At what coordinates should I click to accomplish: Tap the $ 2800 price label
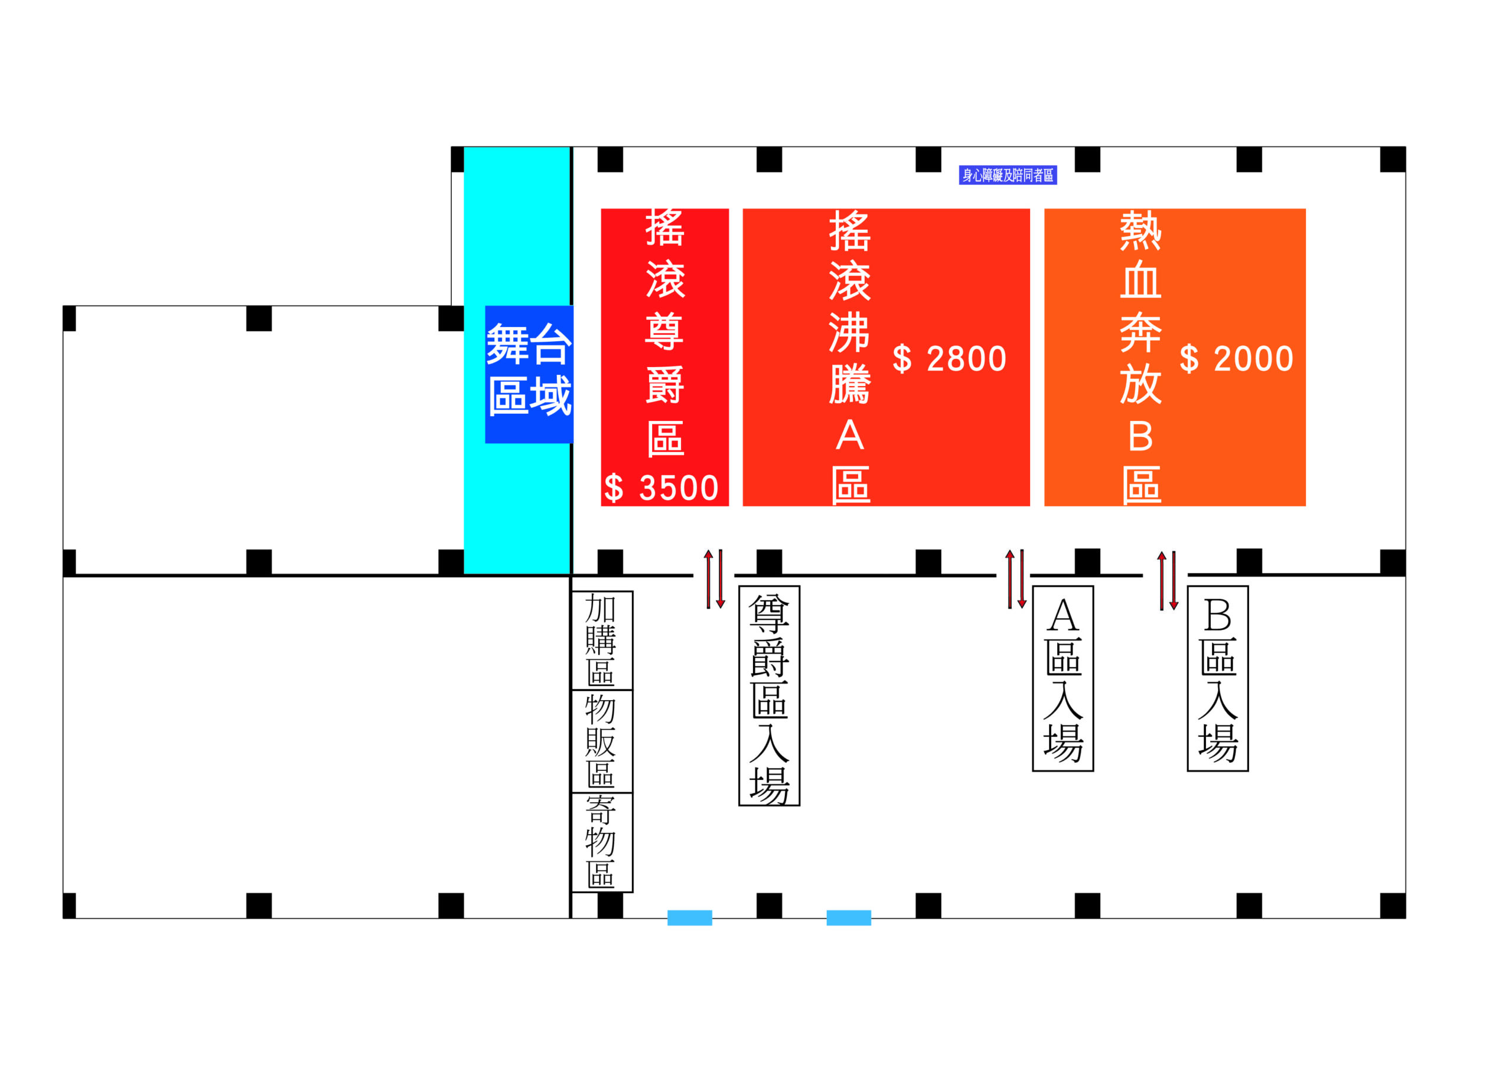click(949, 359)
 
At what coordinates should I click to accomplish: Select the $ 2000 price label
click(1236, 359)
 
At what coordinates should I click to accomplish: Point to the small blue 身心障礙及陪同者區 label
click(1008, 175)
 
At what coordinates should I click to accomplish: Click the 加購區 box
click(601, 640)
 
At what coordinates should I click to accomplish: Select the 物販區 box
click(601, 741)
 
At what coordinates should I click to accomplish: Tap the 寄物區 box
click(601, 842)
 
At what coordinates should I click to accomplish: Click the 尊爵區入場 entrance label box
click(768, 696)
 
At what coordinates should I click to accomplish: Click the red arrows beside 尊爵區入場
click(714, 579)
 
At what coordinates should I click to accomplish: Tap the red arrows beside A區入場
click(1015, 579)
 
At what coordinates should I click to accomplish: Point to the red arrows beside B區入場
click(1167, 581)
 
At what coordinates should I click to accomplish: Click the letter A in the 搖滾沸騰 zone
click(849, 436)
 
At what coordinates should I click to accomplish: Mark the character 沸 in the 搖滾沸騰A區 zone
click(849, 332)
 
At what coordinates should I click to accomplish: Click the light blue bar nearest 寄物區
click(689, 918)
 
